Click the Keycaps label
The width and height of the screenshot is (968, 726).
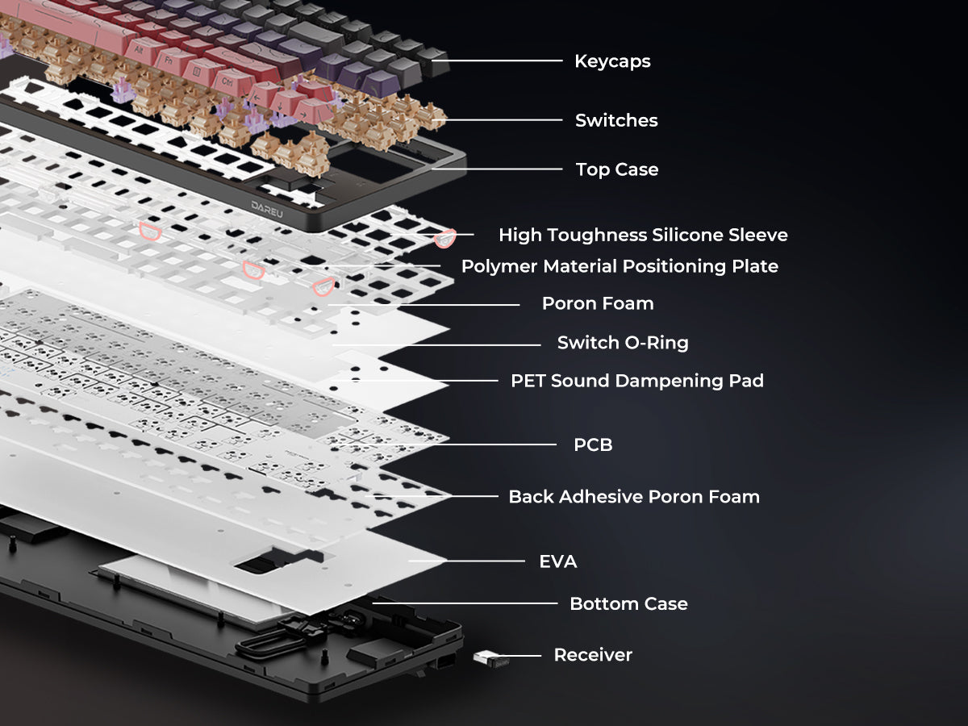click(612, 61)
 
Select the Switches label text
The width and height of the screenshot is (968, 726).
click(616, 120)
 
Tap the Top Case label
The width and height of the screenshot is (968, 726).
click(617, 169)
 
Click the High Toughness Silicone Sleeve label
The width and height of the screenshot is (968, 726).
click(643, 235)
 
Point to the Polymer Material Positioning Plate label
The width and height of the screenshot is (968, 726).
click(620, 266)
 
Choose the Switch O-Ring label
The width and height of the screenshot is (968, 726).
click(623, 343)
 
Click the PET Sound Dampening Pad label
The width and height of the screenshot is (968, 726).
click(636, 381)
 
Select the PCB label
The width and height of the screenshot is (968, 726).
click(593, 444)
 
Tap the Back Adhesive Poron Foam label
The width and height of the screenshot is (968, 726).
click(634, 497)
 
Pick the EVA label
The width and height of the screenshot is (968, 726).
click(558, 561)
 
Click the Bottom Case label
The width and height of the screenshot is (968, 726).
click(628, 604)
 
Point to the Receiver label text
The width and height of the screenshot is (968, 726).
click(593, 655)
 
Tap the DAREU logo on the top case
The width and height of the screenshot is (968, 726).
click(267, 210)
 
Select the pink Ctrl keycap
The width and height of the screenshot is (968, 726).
click(228, 82)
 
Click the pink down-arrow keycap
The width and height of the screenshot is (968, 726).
click(281, 106)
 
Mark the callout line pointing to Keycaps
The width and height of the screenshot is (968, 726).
click(497, 60)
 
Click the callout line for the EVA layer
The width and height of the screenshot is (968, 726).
click(466, 561)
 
